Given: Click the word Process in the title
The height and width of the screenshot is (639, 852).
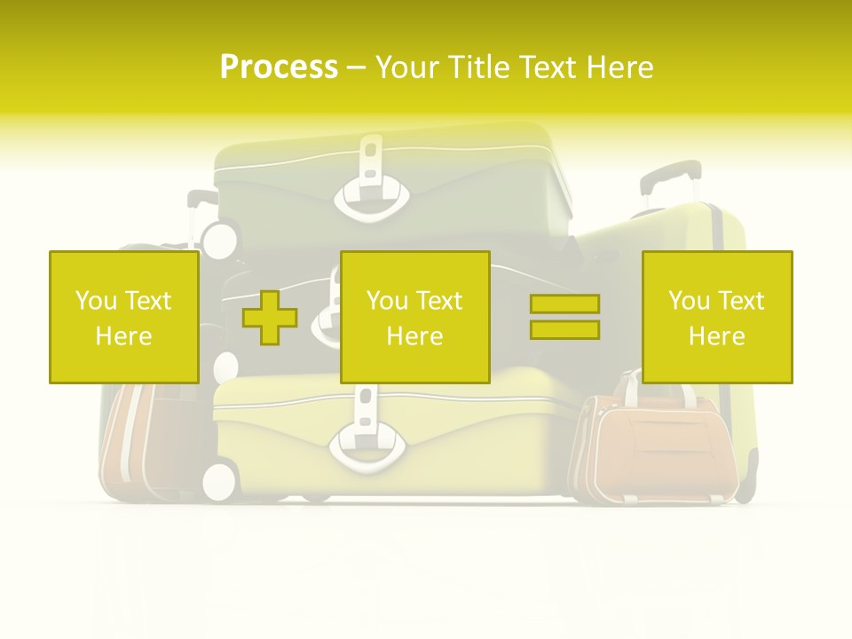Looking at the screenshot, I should [279, 67].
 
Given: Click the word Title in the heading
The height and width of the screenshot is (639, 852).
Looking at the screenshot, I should [477, 67].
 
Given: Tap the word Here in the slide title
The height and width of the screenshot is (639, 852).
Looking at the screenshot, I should [619, 67].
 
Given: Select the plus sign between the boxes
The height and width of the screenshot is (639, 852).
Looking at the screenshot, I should [270, 318].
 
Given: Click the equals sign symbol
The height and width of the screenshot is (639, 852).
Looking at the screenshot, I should [564, 317].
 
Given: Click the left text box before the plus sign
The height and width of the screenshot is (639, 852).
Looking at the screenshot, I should [124, 317].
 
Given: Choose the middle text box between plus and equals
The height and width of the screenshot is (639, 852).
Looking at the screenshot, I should [415, 317].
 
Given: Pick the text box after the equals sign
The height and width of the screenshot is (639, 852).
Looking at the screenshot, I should [717, 317].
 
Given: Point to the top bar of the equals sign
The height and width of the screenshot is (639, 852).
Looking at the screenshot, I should [564, 304].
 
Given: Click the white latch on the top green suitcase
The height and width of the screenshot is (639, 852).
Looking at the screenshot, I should [372, 191].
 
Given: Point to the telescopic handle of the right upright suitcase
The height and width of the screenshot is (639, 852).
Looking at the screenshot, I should [669, 182].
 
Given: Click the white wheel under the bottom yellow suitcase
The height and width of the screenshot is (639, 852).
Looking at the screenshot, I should [219, 480].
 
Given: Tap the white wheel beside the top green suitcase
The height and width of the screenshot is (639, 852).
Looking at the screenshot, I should [220, 239].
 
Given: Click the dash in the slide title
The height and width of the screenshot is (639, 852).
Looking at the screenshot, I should [356, 67].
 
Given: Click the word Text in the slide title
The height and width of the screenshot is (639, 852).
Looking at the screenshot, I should [548, 67].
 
